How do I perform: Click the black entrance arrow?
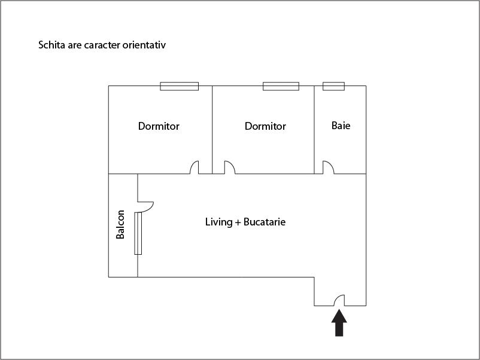pyautogui.click(x=339, y=323)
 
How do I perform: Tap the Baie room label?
pyautogui.click(x=341, y=126)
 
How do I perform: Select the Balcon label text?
pyautogui.click(x=120, y=224)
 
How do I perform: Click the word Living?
pyautogui.click(x=219, y=222)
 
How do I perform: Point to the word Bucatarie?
pyautogui.click(x=265, y=222)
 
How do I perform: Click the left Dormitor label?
pyautogui.click(x=159, y=126)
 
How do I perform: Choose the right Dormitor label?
pyautogui.click(x=265, y=126)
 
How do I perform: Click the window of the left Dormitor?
pyautogui.click(x=180, y=86)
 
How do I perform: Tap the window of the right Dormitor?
pyautogui.click(x=281, y=86)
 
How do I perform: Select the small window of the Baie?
pyautogui.click(x=334, y=86)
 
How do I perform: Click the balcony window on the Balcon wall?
pyautogui.click(x=138, y=233)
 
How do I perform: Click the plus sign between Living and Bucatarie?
pyautogui.click(x=238, y=222)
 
